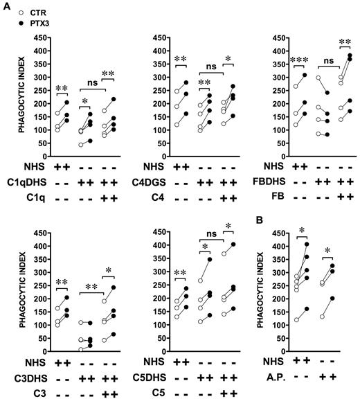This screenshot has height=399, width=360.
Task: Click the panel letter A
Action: point(6,6)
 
